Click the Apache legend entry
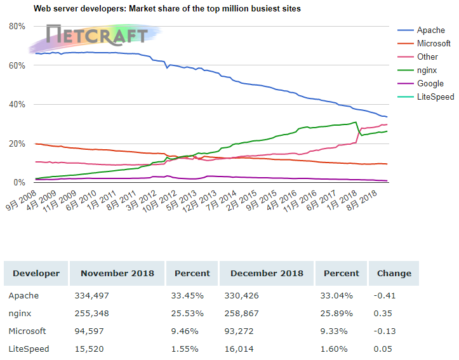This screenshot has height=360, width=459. [430, 30]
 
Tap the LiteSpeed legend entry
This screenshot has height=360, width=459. [435, 97]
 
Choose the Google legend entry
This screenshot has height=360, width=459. [430, 84]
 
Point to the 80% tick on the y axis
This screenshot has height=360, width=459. [17, 26]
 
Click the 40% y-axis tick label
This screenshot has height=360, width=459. [17, 105]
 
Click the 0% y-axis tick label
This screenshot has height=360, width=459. [19, 183]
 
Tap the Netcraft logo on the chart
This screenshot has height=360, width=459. [95, 36]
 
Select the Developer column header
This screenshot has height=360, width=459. [36, 274]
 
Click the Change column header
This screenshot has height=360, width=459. [394, 274]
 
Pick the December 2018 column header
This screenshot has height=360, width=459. [267, 274]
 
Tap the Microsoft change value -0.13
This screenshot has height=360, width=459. [386, 331]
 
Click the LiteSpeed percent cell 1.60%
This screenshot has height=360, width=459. [333, 349]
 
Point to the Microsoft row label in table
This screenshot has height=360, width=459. [27, 331]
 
